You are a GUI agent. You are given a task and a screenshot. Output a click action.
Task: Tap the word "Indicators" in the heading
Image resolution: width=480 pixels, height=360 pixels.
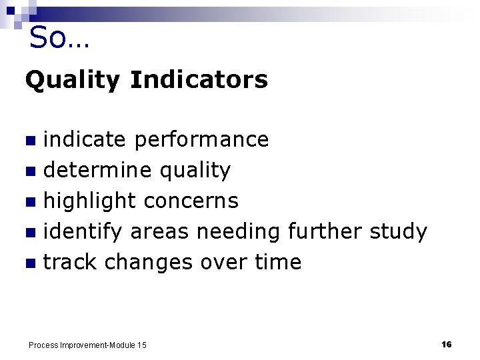pyautogui.click(x=199, y=80)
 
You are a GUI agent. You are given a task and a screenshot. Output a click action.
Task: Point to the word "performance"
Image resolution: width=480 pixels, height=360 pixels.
pyautogui.click(x=201, y=140)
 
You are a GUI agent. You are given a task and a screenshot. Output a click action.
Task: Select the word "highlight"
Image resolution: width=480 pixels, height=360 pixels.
pyautogui.click(x=90, y=201)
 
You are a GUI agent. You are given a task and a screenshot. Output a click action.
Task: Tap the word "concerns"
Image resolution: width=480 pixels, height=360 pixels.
pyautogui.click(x=191, y=201)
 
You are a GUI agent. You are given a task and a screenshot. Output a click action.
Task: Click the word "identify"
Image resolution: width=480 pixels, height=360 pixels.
pyautogui.click(x=83, y=232)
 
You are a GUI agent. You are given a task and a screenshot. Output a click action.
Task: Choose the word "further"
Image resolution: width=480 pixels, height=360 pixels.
pyautogui.click(x=323, y=231)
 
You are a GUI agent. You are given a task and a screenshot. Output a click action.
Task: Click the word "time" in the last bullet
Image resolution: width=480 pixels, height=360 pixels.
pyautogui.click(x=278, y=262)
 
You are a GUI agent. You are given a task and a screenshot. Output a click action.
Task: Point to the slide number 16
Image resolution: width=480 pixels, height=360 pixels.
pyautogui.click(x=446, y=344)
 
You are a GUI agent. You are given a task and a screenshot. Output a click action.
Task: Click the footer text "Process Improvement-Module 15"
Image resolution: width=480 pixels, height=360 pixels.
pyautogui.click(x=87, y=345)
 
